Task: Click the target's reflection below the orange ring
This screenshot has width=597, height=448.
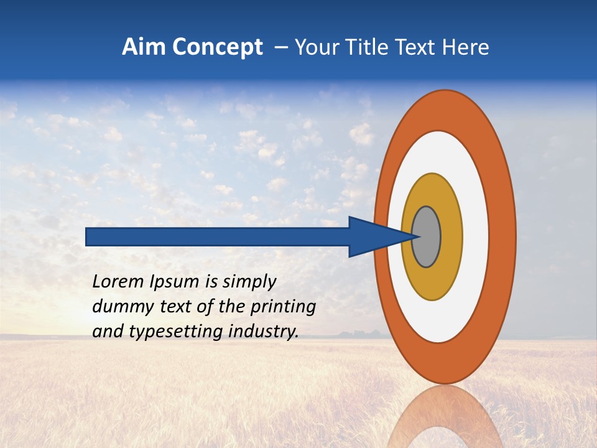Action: [444, 417]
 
